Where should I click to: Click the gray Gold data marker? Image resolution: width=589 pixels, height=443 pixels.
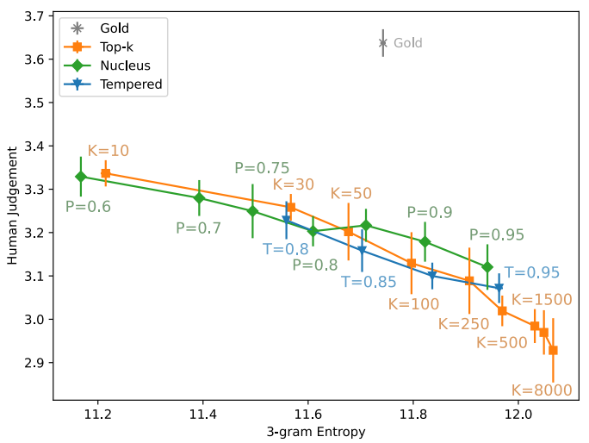(382, 42)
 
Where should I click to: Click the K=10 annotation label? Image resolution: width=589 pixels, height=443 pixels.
(108, 151)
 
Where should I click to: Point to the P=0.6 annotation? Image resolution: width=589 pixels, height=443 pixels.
(88, 207)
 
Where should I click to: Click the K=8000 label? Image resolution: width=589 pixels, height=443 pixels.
(541, 390)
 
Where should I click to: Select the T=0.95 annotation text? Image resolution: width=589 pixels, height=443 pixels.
(532, 272)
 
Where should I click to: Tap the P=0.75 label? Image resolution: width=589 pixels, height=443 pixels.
(262, 169)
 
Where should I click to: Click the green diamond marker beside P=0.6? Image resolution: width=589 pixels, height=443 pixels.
(81, 177)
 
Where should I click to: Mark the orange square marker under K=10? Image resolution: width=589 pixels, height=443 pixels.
(106, 173)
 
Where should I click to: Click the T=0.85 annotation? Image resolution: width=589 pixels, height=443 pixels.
(369, 281)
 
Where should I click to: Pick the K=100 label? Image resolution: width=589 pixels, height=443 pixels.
(413, 304)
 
